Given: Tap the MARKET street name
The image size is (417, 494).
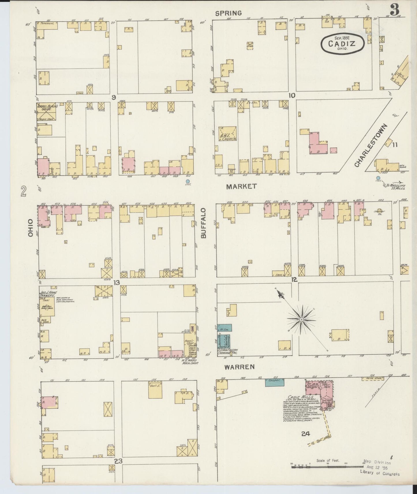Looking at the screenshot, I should [x=241, y=187].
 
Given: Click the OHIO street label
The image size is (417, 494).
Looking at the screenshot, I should [x=31, y=228].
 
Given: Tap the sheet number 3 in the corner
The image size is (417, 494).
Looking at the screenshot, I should [x=394, y=10].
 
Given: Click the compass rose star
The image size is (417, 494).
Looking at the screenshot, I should [x=302, y=320].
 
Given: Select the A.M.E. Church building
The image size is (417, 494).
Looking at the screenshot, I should [x=228, y=134].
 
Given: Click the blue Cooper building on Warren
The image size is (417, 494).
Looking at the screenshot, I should [x=274, y=382].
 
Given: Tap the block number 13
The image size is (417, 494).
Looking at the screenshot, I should [x=116, y=283].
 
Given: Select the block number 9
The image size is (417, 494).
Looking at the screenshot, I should [x=114, y=98].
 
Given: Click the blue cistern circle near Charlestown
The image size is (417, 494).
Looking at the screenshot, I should [x=378, y=178].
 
